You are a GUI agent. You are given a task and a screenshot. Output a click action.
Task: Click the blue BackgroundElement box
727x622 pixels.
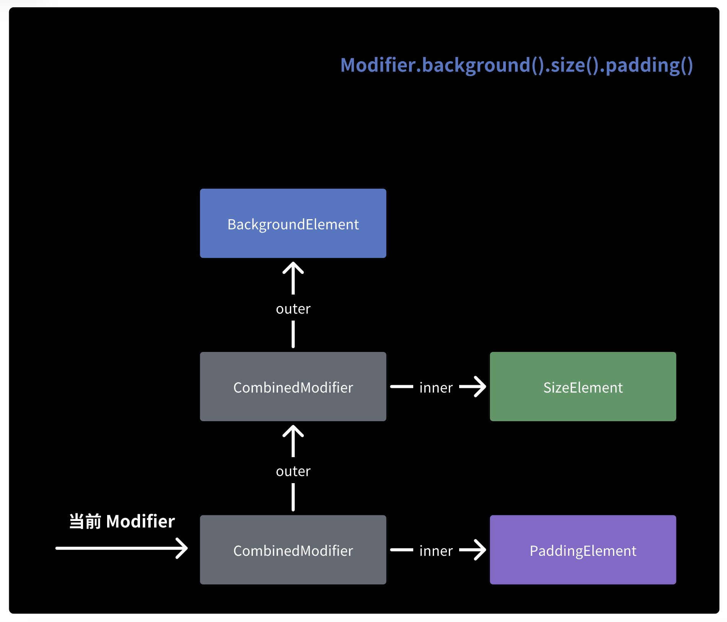pyautogui.click(x=293, y=223)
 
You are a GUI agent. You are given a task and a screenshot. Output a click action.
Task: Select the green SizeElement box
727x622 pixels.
pyautogui.click(x=582, y=386)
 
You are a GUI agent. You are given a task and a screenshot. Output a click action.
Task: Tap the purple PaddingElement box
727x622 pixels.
pyautogui.click(x=582, y=550)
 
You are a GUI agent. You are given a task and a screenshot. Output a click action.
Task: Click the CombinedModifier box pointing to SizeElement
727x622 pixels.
pyautogui.click(x=293, y=386)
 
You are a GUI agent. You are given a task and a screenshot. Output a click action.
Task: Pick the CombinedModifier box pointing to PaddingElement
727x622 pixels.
pyautogui.click(x=293, y=550)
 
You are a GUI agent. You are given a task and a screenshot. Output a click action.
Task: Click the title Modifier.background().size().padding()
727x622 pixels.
pyautogui.click(x=516, y=65)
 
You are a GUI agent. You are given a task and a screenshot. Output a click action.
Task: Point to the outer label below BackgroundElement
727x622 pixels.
pyautogui.click(x=293, y=309)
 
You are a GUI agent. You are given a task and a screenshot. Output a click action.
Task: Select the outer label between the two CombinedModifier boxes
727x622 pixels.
pyautogui.click(x=293, y=471)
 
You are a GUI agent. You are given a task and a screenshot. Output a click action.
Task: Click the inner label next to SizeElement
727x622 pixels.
pyautogui.click(x=436, y=388)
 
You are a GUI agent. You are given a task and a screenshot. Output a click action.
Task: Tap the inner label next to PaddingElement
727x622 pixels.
pyautogui.click(x=436, y=551)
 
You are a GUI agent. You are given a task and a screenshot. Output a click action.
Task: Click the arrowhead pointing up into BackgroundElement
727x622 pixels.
pyautogui.click(x=293, y=268)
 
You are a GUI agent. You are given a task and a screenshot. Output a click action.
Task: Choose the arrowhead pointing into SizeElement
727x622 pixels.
pyautogui.click(x=478, y=386)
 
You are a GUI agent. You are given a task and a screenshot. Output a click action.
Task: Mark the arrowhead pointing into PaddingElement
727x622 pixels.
pyautogui.click(x=478, y=550)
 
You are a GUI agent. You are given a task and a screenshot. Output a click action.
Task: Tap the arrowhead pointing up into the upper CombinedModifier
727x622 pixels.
pyautogui.click(x=293, y=431)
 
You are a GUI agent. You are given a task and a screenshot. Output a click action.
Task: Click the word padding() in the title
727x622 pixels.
pyautogui.click(x=649, y=65)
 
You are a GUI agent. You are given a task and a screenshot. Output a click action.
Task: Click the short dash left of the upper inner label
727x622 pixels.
pyautogui.click(x=401, y=387)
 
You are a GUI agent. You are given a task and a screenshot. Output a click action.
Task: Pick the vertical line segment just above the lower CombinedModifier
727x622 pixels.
pyautogui.click(x=293, y=497)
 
